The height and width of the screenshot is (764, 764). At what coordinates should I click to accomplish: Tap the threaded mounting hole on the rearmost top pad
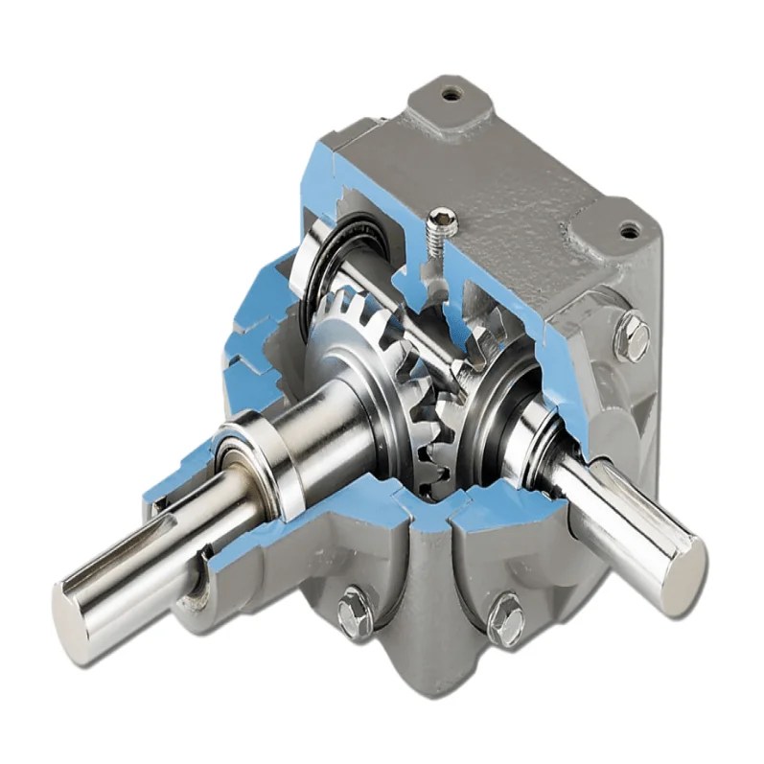451,94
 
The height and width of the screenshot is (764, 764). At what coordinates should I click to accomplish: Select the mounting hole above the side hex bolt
629,230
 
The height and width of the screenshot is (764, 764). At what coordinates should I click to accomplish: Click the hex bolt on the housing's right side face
633,336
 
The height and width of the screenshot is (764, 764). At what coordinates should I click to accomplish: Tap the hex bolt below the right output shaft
505,620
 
